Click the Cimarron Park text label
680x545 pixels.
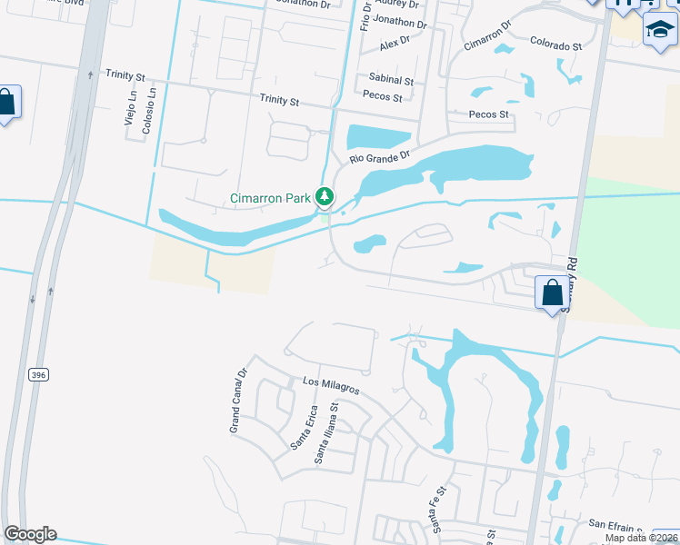pos(270,197)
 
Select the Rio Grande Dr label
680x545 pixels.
pos(380,156)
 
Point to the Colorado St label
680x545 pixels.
pos(555,45)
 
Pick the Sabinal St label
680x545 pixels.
pos(391,80)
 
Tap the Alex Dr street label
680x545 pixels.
pos(395,42)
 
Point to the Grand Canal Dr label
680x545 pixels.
pos(239,401)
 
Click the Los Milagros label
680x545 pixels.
pos(332,385)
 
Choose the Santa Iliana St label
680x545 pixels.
pos(326,435)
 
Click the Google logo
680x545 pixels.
pos(30,534)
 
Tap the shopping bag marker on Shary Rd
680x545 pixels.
pos(552,293)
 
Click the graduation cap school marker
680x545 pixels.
pos(660,30)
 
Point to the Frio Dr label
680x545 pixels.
pos(365,16)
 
